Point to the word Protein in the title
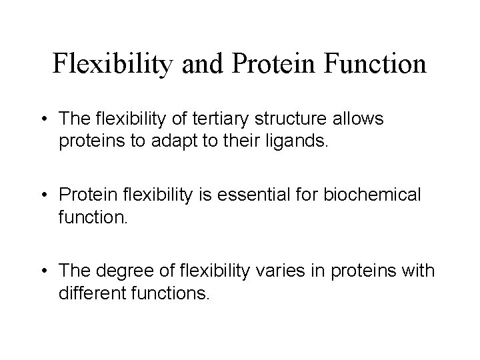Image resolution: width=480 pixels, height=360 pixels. pyautogui.click(x=271, y=64)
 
